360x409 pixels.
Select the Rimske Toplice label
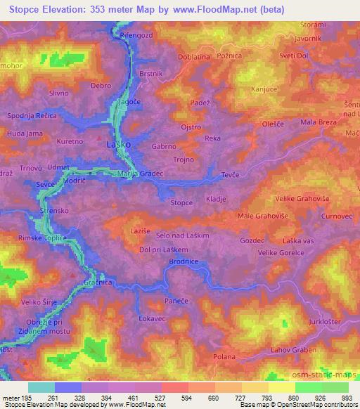click(42, 238)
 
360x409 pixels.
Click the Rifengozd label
click(137, 34)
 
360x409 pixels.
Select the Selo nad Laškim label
click(184, 236)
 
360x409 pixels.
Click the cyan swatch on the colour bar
click(41, 387)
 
